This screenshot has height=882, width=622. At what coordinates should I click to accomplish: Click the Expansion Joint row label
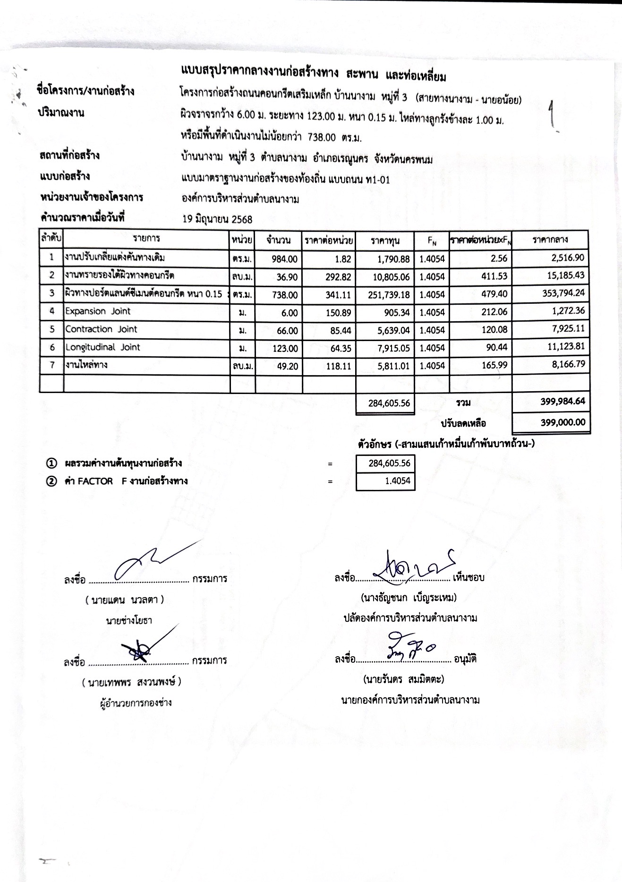(x=98, y=311)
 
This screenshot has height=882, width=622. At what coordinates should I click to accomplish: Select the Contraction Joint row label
(x=101, y=329)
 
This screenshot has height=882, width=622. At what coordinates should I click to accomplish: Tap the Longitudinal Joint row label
(x=102, y=347)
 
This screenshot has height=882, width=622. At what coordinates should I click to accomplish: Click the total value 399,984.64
(x=562, y=402)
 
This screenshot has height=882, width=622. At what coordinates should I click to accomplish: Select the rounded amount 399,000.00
(x=562, y=422)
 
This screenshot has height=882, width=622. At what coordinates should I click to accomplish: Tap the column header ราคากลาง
(x=550, y=240)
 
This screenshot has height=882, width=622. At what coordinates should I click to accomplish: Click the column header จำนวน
(x=278, y=240)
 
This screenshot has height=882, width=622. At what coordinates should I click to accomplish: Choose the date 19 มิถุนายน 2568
(x=217, y=219)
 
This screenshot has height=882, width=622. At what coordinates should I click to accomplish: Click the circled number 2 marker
(x=51, y=481)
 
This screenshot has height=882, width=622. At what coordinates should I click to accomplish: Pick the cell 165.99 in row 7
(x=494, y=365)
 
